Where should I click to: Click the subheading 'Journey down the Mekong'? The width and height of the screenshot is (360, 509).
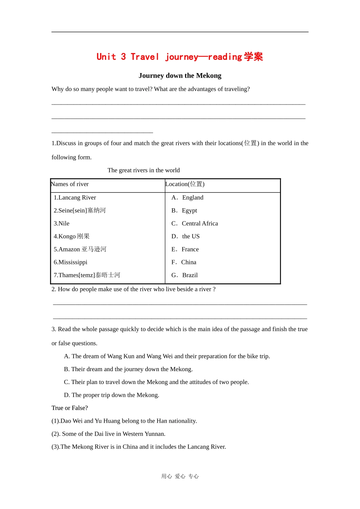pyautogui.click(x=180, y=75)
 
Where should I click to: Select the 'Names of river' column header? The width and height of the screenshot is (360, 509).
pyautogui.click(x=70, y=184)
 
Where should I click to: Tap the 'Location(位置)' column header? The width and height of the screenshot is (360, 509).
pyautogui.click(x=185, y=184)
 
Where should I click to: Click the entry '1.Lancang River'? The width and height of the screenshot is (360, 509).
pyautogui.click(x=75, y=197)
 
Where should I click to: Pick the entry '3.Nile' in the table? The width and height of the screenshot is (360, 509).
pyautogui.click(x=61, y=223)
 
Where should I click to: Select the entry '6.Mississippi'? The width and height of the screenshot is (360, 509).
pyautogui.click(x=70, y=262)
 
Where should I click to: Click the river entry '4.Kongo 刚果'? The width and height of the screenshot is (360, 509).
pyautogui.click(x=72, y=236)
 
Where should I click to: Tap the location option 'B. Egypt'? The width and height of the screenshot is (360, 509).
pyautogui.click(x=185, y=211)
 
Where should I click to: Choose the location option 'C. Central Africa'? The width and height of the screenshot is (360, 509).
pyautogui.click(x=195, y=223)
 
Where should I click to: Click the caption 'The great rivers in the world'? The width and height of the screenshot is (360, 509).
pyautogui.click(x=144, y=170)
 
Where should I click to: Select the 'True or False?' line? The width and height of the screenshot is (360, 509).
pyautogui.click(x=70, y=408)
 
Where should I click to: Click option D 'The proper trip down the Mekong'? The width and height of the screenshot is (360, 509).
pyautogui.click(x=111, y=395)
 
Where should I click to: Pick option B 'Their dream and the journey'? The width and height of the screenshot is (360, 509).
pyautogui.click(x=128, y=369)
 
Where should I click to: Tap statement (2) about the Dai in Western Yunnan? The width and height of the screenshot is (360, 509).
pyautogui.click(x=108, y=434)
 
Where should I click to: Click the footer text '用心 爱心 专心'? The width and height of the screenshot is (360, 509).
pyautogui.click(x=180, y=476)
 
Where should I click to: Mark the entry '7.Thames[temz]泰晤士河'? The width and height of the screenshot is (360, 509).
pyautogui.click(x=87, y=275)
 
